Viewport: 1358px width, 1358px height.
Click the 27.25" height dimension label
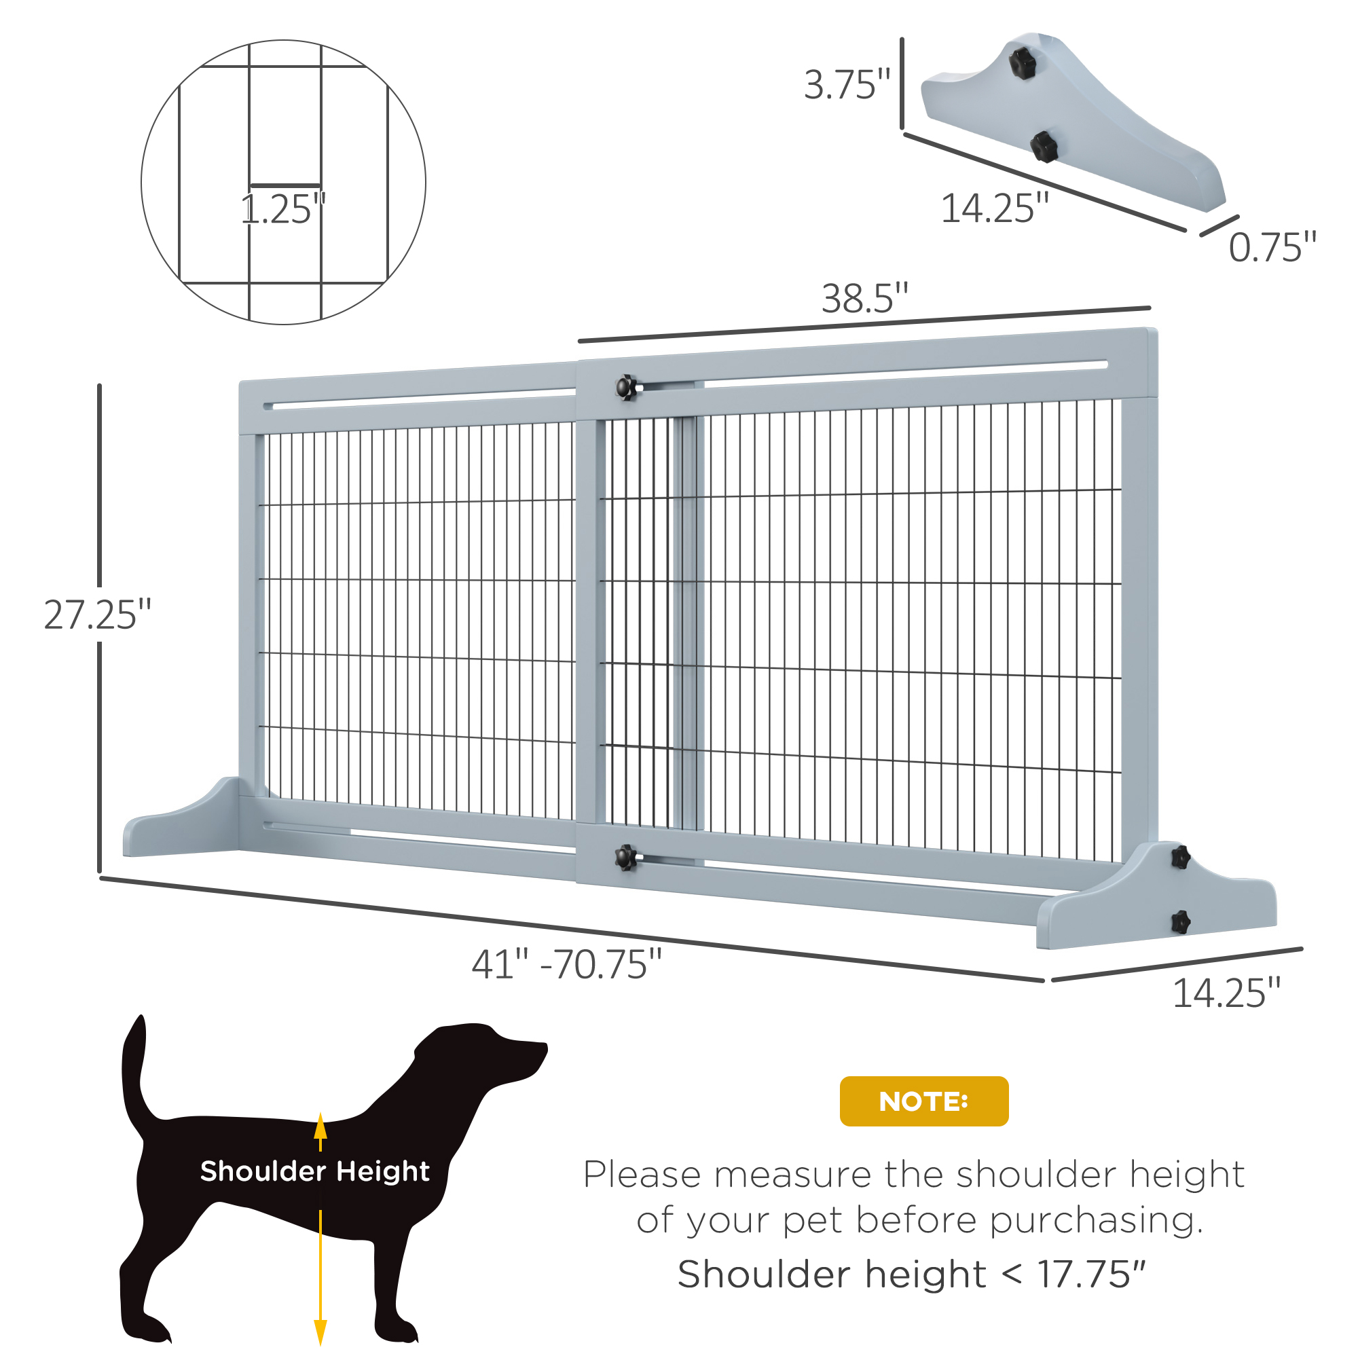[x=98, y=615]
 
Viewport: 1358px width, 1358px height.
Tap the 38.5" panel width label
[x=864, y=299]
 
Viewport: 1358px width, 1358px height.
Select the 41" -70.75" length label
[x=566, y=964]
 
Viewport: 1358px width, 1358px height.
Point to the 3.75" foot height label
[x=847, y=85]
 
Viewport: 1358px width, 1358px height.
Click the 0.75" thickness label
[x=1272, y=247]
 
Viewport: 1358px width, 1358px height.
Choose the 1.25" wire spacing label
[x=282, y=209]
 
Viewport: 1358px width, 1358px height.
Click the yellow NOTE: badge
[x=923, y=1101]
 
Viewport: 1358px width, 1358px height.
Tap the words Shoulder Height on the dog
[x=314, y=1171]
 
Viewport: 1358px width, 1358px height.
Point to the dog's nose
[x=543, y=1047]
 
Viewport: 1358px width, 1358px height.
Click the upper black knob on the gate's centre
[x=625, y=387]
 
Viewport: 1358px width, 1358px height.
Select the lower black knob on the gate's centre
[x=625, y=858]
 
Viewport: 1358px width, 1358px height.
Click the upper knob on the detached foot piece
[x=1022, y=63]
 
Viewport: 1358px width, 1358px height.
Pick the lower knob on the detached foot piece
[x=1044, y=147]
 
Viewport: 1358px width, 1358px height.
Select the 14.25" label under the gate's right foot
[x=1226, y=994]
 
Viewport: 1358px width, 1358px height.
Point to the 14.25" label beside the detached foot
[x=995, y=208]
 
